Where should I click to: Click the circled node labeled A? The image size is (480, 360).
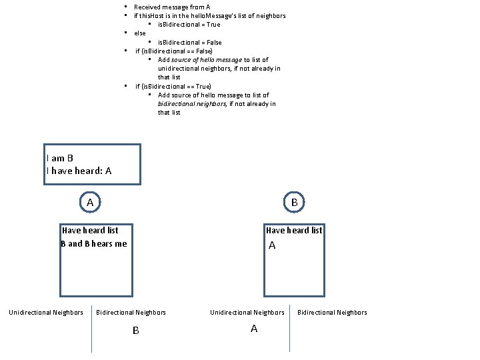pyautogui.click(x=89, y=201)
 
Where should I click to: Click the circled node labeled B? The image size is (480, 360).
pyautogui.click(x=294, y=201)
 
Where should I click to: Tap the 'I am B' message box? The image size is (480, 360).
pyautogui.click(x=92, y=164)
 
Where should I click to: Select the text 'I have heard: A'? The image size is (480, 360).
pyautogui.click(x=79, y=171)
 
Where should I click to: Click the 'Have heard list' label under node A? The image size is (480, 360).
pyautogui.click(x=90, y=231)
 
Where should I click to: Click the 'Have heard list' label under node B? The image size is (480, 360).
pyautogui.click(x=294, y=231)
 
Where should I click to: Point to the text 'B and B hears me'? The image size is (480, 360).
pyautogui.click(x=93, y=243)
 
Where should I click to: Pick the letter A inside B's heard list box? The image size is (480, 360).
pyautogui.click(x=272, y=246)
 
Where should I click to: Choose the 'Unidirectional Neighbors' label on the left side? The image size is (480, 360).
pyautogui.click(x=46, y=312)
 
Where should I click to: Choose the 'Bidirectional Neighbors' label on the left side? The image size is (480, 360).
pyautogui.click(x=131, y=312)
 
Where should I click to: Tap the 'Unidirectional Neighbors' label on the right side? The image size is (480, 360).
pyautogui.click(x=247, y=312)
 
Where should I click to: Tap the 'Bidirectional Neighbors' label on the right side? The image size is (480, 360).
pyautogui.click(x=332, y=312)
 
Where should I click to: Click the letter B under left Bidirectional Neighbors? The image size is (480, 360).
pyautogui.click(x=135, y=330)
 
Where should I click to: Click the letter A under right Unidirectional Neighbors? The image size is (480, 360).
pyautogui.click(x=253, y=329)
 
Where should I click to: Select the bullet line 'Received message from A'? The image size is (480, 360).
pyautogui.click(x=172, y=7)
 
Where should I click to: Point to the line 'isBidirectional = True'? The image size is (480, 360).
pyautogui.click(x=189, y=25)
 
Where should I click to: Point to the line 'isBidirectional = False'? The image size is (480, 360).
pyautogui.click(x=190, y=42)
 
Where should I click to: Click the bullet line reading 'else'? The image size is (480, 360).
pyautogui.click(x=140, y=33)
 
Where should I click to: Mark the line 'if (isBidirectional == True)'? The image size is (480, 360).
pyautogui.click(x=173, y=86)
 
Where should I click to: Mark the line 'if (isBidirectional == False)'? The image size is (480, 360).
pyautogui.click(x=174, y=51)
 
